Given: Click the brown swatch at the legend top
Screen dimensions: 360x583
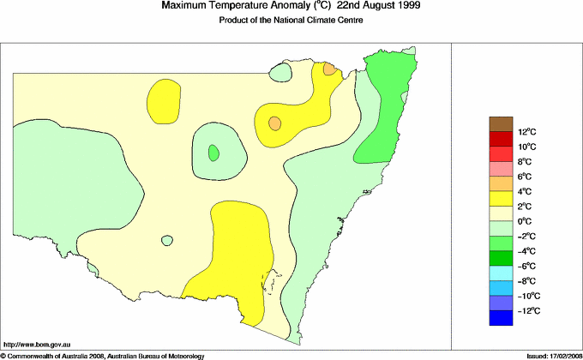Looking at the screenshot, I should click(x=501, y=124).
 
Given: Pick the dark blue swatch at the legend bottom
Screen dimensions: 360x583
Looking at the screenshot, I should click(x=501, y=318).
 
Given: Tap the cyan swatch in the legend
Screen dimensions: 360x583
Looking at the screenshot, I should click(x=501, y=273).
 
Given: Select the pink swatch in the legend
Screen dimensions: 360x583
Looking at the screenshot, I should click(x=501, y=169).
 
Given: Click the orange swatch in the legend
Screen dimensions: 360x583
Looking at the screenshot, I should click(x=501, y=184).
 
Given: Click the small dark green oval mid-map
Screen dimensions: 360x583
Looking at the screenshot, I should click(x=213, y=153).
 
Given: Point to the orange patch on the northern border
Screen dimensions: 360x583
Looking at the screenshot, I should click(x=329, y=69).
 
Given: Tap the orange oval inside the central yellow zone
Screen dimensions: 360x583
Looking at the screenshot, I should click(x=274, y=123).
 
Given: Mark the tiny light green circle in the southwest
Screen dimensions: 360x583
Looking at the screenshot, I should click(x=165, y=243).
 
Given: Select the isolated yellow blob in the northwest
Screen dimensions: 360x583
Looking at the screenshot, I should click(x=164, y=100).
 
